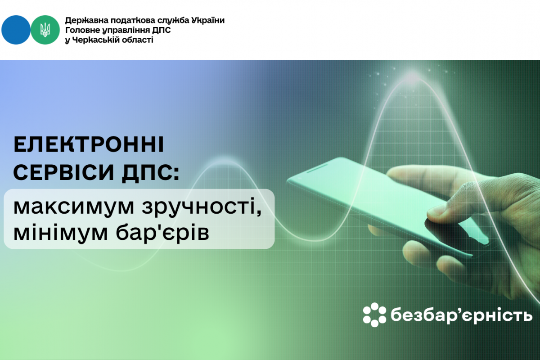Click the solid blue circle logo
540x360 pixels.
pyautogui.click(x=16, y=30)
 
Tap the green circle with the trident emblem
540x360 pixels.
pyautogui.click(x=45, y=30)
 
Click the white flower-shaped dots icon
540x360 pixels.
pyautogui.click(x=374, y=315)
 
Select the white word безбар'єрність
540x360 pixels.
pyautogui.click(x=461, y=315)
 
